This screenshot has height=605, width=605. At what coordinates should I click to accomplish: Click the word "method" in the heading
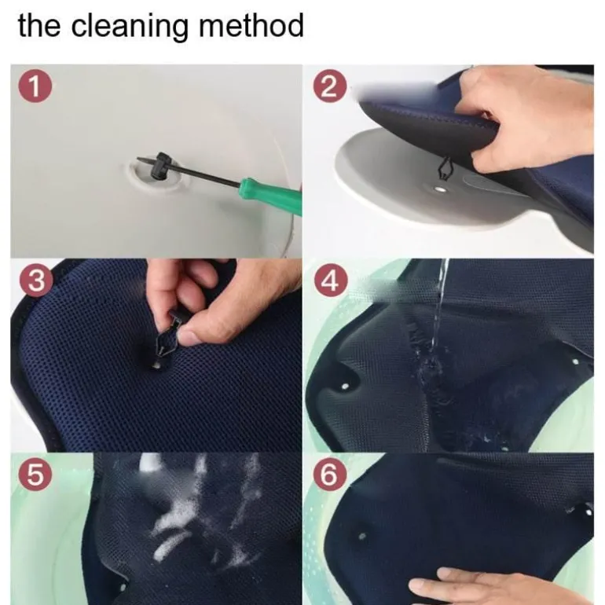pos(251,25)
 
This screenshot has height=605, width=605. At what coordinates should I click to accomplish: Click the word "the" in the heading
pos(39,25)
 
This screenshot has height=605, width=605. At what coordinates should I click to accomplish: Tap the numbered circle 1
pos(35,86)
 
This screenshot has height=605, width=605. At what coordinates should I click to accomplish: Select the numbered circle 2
pos(330,86)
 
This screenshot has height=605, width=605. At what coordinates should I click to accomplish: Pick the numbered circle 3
pos(36,280)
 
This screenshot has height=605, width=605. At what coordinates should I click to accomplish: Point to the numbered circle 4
pos(331,280)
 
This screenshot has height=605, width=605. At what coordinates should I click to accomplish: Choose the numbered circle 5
pos(35,475)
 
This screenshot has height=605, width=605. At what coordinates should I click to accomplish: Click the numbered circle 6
pos(329,475)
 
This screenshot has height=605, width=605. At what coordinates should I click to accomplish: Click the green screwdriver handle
pos(271,198)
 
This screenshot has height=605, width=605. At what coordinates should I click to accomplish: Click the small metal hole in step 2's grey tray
pos(439,189)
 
